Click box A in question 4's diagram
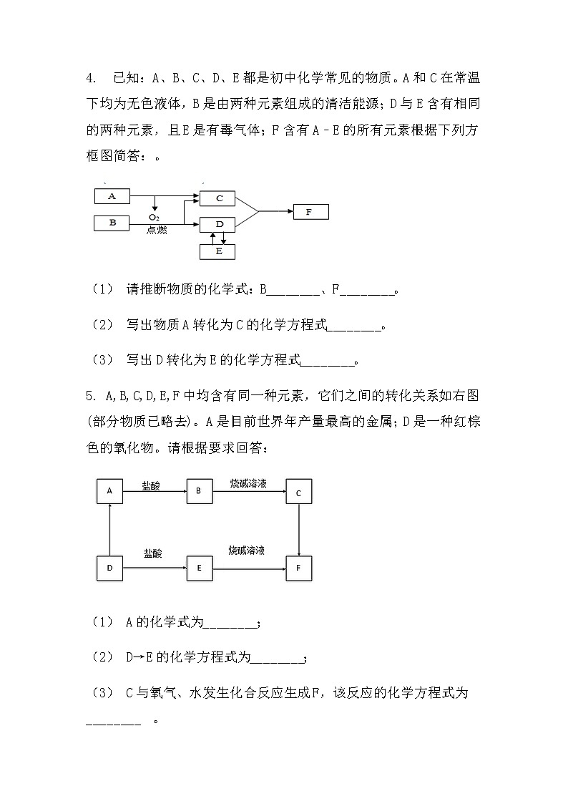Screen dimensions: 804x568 (x=112, y=195)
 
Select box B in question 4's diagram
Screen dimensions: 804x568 (x=112, y=223)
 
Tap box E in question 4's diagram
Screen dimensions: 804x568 (x=220, y=251)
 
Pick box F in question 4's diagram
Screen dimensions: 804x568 (x=310, y=212)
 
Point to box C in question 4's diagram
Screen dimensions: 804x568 (x=220, y=198)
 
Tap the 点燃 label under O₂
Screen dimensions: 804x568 (x=156, y=230)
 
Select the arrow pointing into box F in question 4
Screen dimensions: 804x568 (x=275, y=211)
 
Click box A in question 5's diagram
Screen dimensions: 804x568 (x=109, y=490)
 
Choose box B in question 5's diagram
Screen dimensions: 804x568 (x=199, y=490)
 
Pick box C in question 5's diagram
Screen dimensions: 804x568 (x=298, y=492)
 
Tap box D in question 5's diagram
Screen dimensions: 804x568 (x=109, y=568)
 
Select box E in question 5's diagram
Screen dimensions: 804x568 (x=199, y=568)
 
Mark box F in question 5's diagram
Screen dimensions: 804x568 (x=298, y=568)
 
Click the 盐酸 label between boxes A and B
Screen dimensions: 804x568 (x=150, y=485)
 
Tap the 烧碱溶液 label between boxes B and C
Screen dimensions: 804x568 (x=248, y=484)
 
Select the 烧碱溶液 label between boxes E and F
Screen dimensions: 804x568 (x=247, y=551)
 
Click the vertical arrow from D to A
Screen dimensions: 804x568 (x=109, y=529)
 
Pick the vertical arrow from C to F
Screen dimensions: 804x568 (x=298, y=530)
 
